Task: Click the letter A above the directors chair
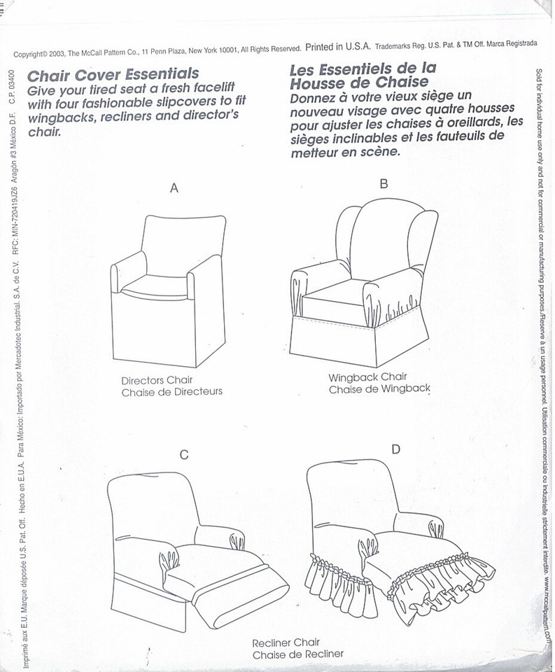point(174,188)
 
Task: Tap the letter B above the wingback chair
point(383,184)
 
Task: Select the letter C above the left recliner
point(183,455)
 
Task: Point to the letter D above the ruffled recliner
point(395,449)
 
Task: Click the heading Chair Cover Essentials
point(113,74)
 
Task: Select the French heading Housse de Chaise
point(355,83)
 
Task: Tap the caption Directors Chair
point(162,380)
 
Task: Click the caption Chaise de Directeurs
point(171,391)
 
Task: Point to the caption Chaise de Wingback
point(379,388)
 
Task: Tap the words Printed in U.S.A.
point(338,48)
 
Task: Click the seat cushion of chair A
point(155,284)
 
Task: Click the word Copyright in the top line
point(29,54)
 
